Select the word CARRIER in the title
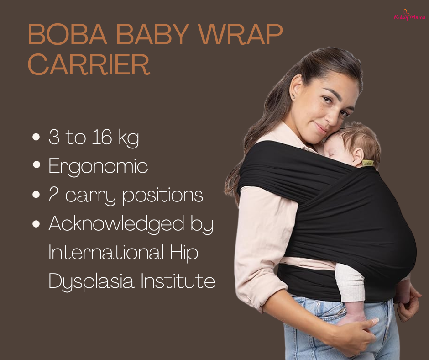pyautogui.click(x=89, y=65)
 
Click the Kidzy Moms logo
pyautogui.click(x=409, y=16)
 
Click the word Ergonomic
pyautogui.click(x=98, y=167)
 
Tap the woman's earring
pyautogui.click(x=293, y=96)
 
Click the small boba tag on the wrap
pyautogui.click(x=368, y=163)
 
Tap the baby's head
pyautogui.click(x=361, y=139)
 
